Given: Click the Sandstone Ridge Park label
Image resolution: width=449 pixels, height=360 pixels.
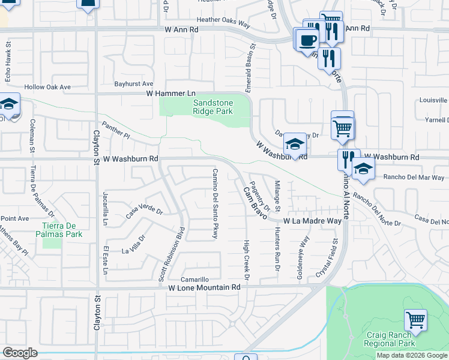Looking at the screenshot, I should point(212,107).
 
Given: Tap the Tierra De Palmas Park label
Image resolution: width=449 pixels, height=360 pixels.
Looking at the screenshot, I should point(58,230).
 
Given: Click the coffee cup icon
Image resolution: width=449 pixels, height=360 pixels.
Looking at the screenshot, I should point(308,40).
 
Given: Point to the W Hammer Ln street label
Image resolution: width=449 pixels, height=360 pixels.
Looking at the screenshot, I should point(171,94).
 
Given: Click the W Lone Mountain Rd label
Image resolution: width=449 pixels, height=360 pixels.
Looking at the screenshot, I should point(203,287).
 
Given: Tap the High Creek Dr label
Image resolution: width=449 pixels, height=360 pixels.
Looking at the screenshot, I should point(246,260).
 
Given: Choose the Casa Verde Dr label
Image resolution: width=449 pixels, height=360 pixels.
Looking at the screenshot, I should point(144,212).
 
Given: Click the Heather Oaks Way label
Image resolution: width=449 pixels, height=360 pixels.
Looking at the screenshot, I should point(223,20).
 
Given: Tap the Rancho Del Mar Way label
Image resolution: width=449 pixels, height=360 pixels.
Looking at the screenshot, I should point(414,178).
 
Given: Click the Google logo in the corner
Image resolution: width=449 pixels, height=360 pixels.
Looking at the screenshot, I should point(20,353).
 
